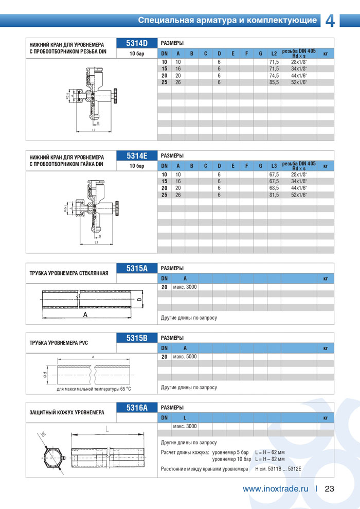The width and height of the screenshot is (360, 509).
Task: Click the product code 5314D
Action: tap(137, 43)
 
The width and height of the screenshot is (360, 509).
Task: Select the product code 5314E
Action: tap(137, 155)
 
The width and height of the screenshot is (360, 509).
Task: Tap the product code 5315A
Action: tap(137, 268)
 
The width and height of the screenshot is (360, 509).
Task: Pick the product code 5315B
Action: tap(137, 338)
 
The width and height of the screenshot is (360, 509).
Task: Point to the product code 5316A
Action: tap(137, 408)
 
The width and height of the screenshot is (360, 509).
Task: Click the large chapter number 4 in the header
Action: tap(330, 21)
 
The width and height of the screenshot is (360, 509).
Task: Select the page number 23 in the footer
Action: tap(330, 489)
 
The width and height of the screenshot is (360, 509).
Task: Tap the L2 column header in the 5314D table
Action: tap(274, 54)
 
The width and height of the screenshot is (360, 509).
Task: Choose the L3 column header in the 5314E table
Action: tap(274, 166)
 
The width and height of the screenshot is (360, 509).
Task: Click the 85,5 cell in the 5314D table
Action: tap(274, 82)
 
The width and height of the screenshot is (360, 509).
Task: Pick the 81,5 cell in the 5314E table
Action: tap(274, 195)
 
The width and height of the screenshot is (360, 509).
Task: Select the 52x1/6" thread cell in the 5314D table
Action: tap(298, 82)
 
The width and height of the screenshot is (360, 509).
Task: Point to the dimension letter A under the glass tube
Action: tap(85, 315)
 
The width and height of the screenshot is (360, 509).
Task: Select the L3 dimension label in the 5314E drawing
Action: tap(96, 242)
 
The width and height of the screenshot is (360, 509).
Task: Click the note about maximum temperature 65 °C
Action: tap(94, 389)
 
